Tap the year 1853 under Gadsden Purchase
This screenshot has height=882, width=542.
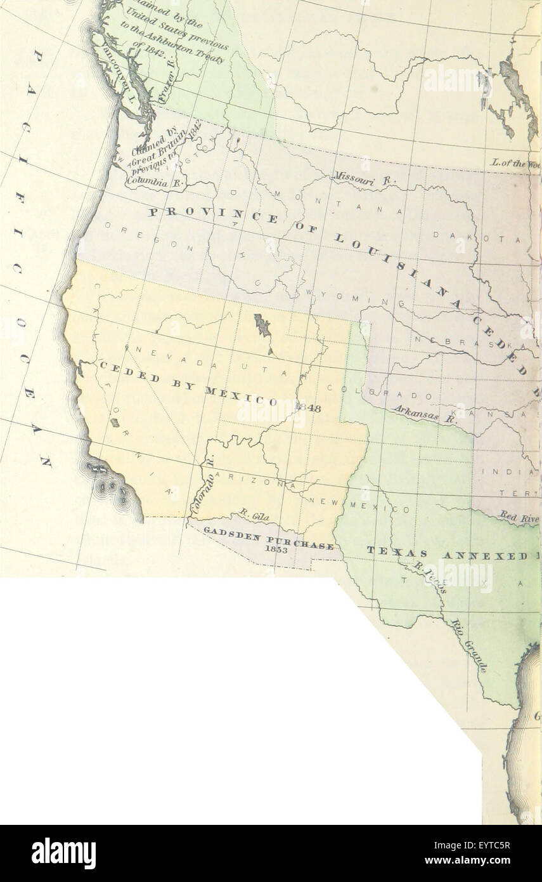tap(276, 550)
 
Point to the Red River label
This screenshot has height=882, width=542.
tap(519, 517)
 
